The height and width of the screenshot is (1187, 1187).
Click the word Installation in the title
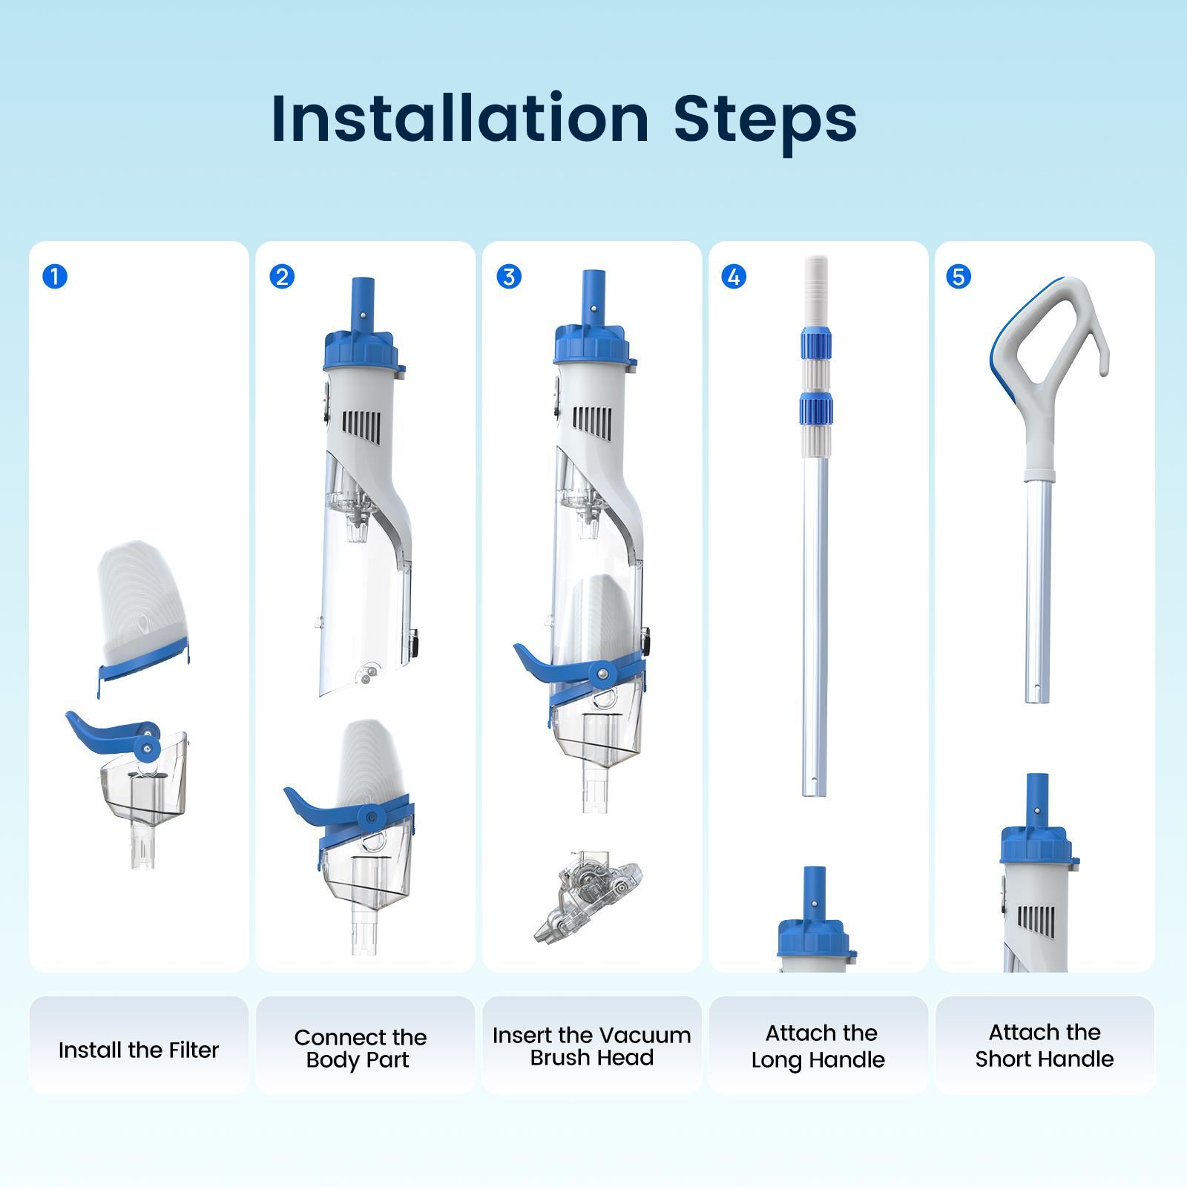[x=460, y=119]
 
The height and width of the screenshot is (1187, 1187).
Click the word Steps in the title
[x=765, y=119]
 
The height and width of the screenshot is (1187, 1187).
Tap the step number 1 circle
[x=56, y=277]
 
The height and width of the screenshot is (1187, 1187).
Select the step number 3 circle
[x=508, y=277]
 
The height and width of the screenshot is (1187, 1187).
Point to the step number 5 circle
[x=959, y=277]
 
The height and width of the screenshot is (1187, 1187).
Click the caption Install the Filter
[x=139, y=1050]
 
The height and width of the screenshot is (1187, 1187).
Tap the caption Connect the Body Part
[x=360, y=1048]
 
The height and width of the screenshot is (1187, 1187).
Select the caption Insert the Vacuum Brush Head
[x=591, y=1046]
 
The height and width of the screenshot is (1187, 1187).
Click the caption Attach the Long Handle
[x=819, y=1046]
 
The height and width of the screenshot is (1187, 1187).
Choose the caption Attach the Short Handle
[x=1045, y=1045]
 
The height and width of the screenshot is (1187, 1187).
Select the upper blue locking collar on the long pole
[x=815, y=345]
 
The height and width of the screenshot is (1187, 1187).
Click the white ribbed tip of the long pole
[x=815, y=289]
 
